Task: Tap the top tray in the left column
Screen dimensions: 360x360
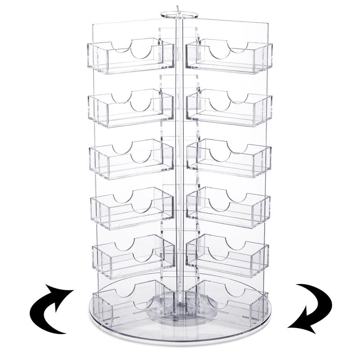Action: pos(131,58)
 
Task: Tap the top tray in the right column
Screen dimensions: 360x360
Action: pos(229,58)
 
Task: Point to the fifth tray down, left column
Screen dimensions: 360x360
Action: pos(133,257)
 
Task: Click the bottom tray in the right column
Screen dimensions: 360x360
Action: pos(227,302)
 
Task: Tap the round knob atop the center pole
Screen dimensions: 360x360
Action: pos(180,13)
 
